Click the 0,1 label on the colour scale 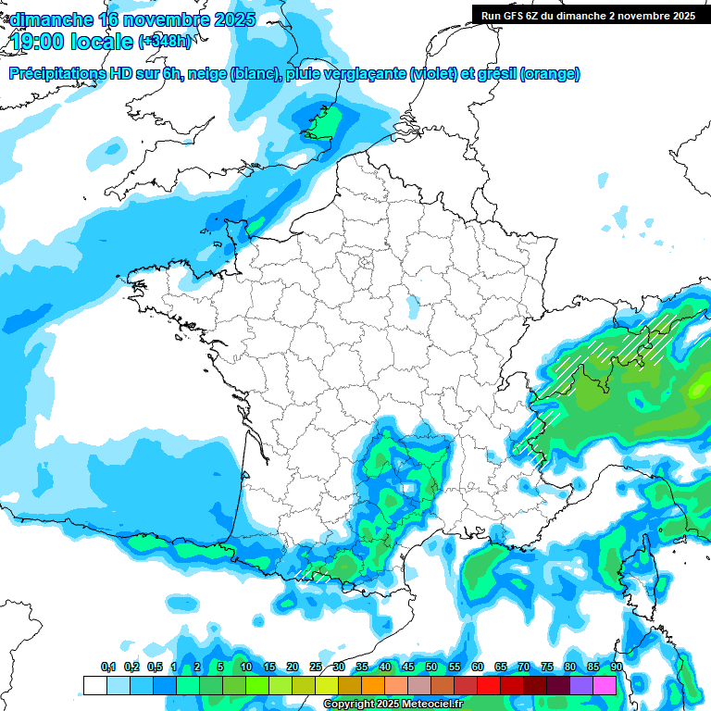click(x=108, y=667)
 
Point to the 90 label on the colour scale click(x=616, y=667)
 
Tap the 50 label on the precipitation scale click(x=431, y=667)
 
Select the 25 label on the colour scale click(x=316, y=667)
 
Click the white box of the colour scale click(x=94, y=685)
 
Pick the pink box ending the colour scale click(x=605, y=685)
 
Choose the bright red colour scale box click(x=489, y=685)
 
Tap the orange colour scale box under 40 click(x=373, y=685)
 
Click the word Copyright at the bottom click(x=350, y=705)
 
